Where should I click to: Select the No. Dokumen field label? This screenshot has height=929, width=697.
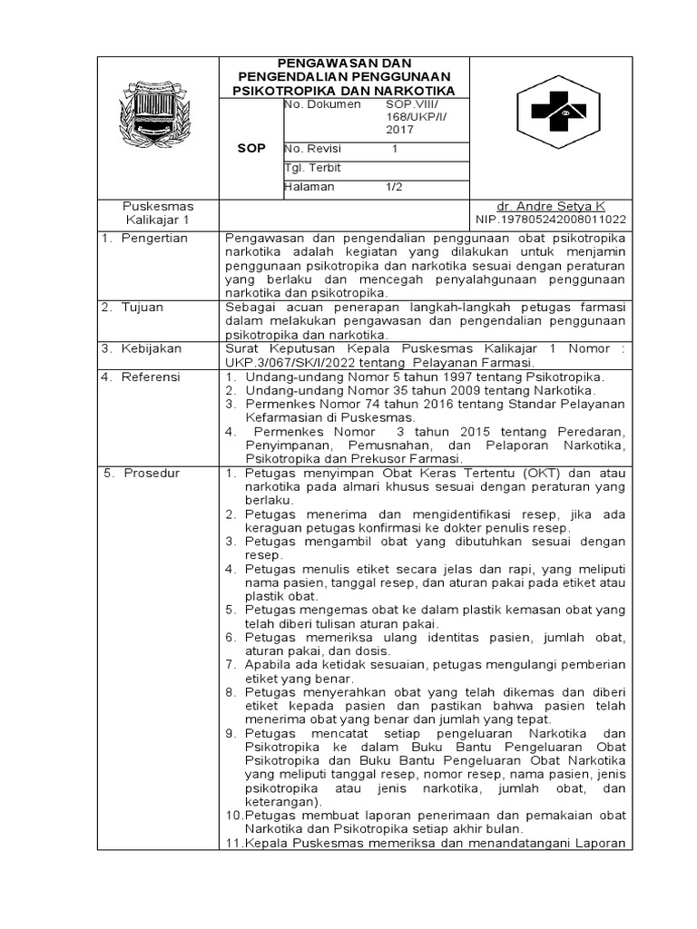324,105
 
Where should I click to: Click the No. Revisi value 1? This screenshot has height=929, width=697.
395,148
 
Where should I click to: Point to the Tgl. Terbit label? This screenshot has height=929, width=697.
313,168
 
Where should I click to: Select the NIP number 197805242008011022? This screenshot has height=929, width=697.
550,220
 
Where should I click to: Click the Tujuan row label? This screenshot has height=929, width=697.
142,308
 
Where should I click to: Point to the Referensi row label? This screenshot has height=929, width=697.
152,376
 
